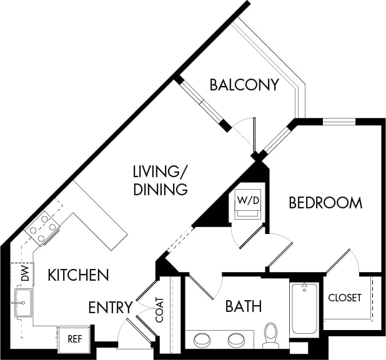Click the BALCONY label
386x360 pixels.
point(244,85)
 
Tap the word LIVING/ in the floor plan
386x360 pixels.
point(161,171)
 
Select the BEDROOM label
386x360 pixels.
point(325,203)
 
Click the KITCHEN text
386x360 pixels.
point(79,275)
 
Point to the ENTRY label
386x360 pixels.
point(110,308)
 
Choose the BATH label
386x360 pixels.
point(243,306)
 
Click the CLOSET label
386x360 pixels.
point(345,298)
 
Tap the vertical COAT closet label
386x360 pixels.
point(159,309)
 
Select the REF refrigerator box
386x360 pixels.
point(74,341)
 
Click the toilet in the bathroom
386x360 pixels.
point(271,334)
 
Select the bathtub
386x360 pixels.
point(304,309)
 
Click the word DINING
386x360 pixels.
point(161,190)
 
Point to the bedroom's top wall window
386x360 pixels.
point(339,121)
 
